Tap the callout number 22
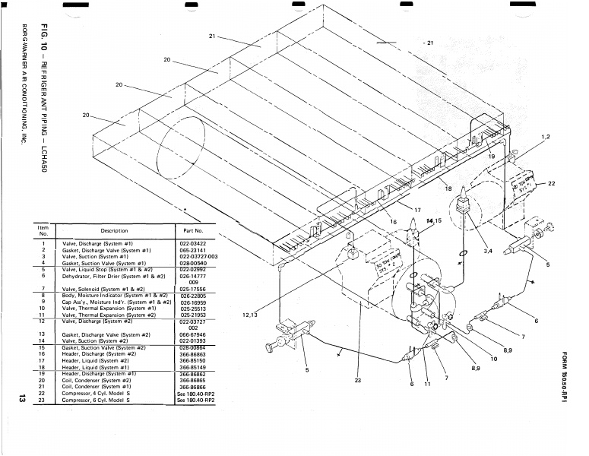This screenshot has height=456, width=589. [x=551, y=183]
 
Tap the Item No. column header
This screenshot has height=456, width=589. [x=43, y=231]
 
